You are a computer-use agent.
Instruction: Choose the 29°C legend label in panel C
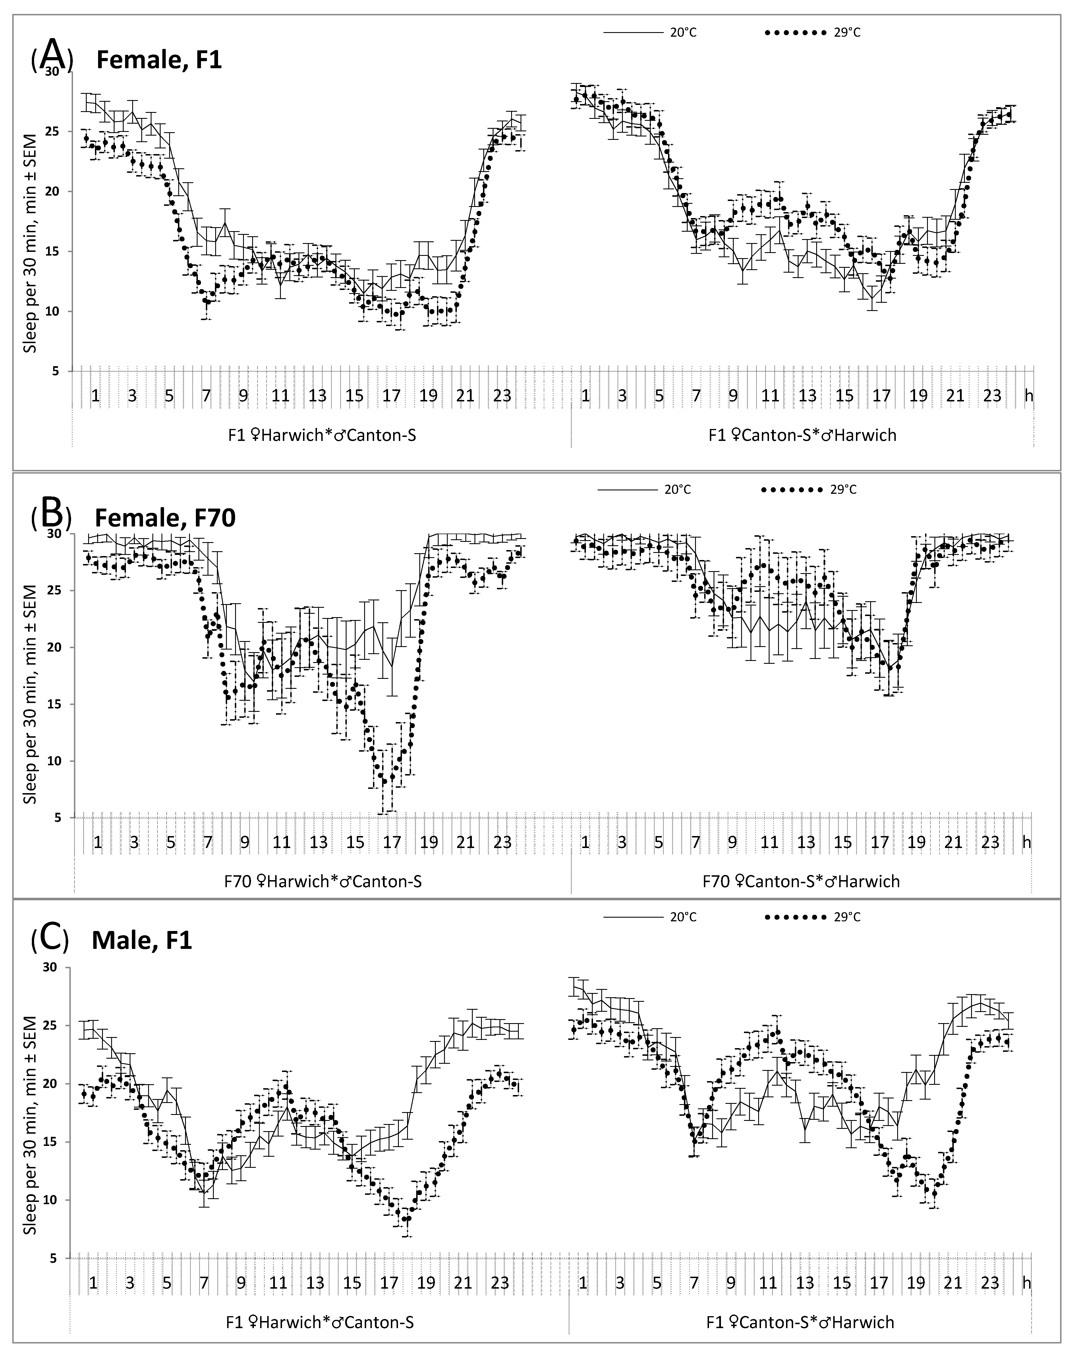click(x=847, y=917)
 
